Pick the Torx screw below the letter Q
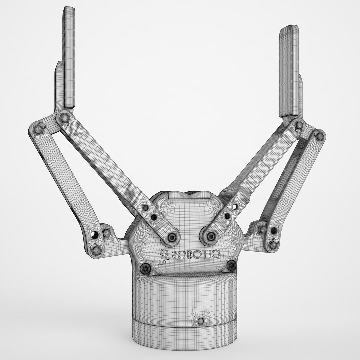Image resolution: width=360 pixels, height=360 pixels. coord(231,266)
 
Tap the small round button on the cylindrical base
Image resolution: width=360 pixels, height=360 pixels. coord(200,321)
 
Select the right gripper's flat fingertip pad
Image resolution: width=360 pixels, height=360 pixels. coord(289,70)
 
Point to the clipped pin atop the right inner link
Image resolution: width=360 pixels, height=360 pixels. coord(299,125)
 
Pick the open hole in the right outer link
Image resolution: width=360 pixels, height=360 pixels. coord(273,231)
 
